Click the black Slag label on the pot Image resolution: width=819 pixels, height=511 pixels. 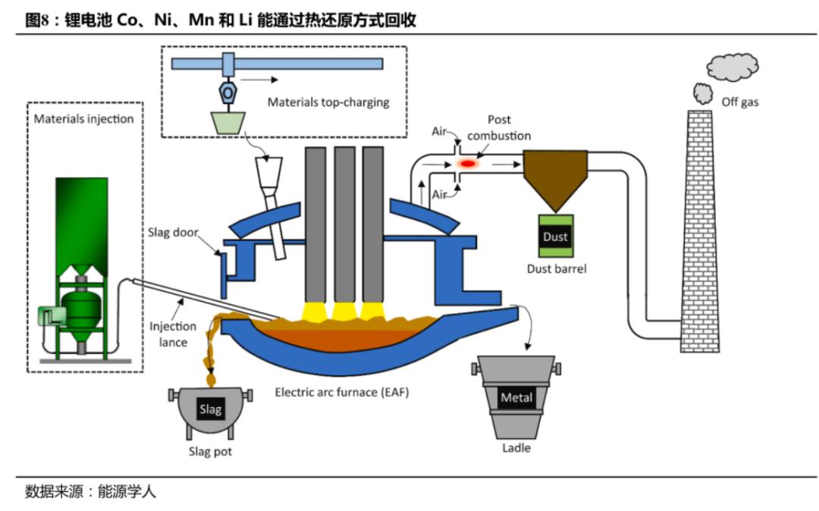pyautogui.click(x=211, y=409)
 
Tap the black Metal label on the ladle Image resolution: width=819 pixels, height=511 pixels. pyautogui.click(x=516, y=398)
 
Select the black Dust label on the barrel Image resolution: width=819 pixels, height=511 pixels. pyautogui.click(x=555, y=237)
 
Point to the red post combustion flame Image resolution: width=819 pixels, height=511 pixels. pyautogui.click(x=467, y=164)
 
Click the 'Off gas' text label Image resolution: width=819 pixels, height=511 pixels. pyautogui.click(x=739, y=102)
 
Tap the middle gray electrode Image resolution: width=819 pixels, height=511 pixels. pyautogui.click(x=345, y=225)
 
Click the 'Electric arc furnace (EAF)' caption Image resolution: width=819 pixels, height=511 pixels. pyautogui.click(x=341, y=392)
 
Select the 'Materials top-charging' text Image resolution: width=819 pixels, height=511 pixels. pyautogui.click(x=328, y=102)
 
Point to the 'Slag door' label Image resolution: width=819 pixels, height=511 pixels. pyautogui.click(x=173, y=232)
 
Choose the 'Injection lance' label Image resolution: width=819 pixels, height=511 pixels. pyautogui.click(x=173, y=334)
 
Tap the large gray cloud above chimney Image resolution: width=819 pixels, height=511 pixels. pyautogui.click(x=733, y=67)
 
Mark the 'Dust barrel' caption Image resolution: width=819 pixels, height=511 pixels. pyautogui.click(x=557, y=269)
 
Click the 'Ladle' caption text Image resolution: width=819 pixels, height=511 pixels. pyautogui.click(x=516, y=448)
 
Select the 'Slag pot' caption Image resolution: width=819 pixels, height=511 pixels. pyautogui.click(x=210, y=452)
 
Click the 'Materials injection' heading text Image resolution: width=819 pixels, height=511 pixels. pyautogui.click(x=83, y=119)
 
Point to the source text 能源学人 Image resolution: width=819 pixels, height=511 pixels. pyautogui.click(x=127, y=492)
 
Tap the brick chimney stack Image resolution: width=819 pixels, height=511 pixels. pyautogui.click(x=700, y=231)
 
